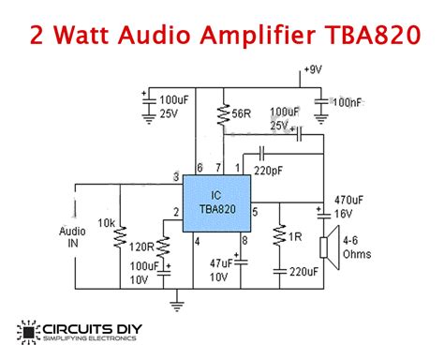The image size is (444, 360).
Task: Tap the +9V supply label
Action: pyautogui.click(x=313, y=70)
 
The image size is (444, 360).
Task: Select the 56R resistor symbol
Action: pyautogui.click(x=223, y=115)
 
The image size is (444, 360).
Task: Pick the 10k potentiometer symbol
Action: pyautogui.click(x=119, y=238)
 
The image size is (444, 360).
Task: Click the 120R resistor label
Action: pyautogui.click(x=141, y=247)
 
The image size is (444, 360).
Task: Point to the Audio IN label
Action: pyautogui.click(x=72, y=237)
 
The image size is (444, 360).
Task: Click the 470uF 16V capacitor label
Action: pyautogui.click(x=350, y=206)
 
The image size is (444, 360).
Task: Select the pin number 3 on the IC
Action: pyautogui.click(x=176, y=178)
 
